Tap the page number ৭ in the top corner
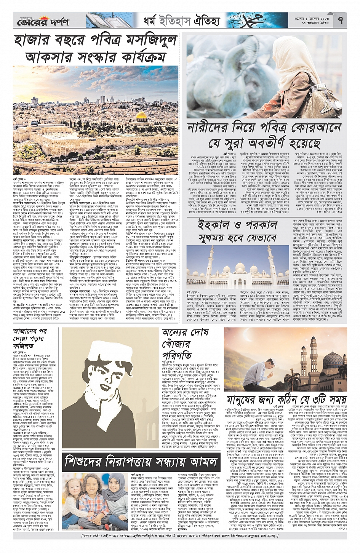point(340,20)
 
